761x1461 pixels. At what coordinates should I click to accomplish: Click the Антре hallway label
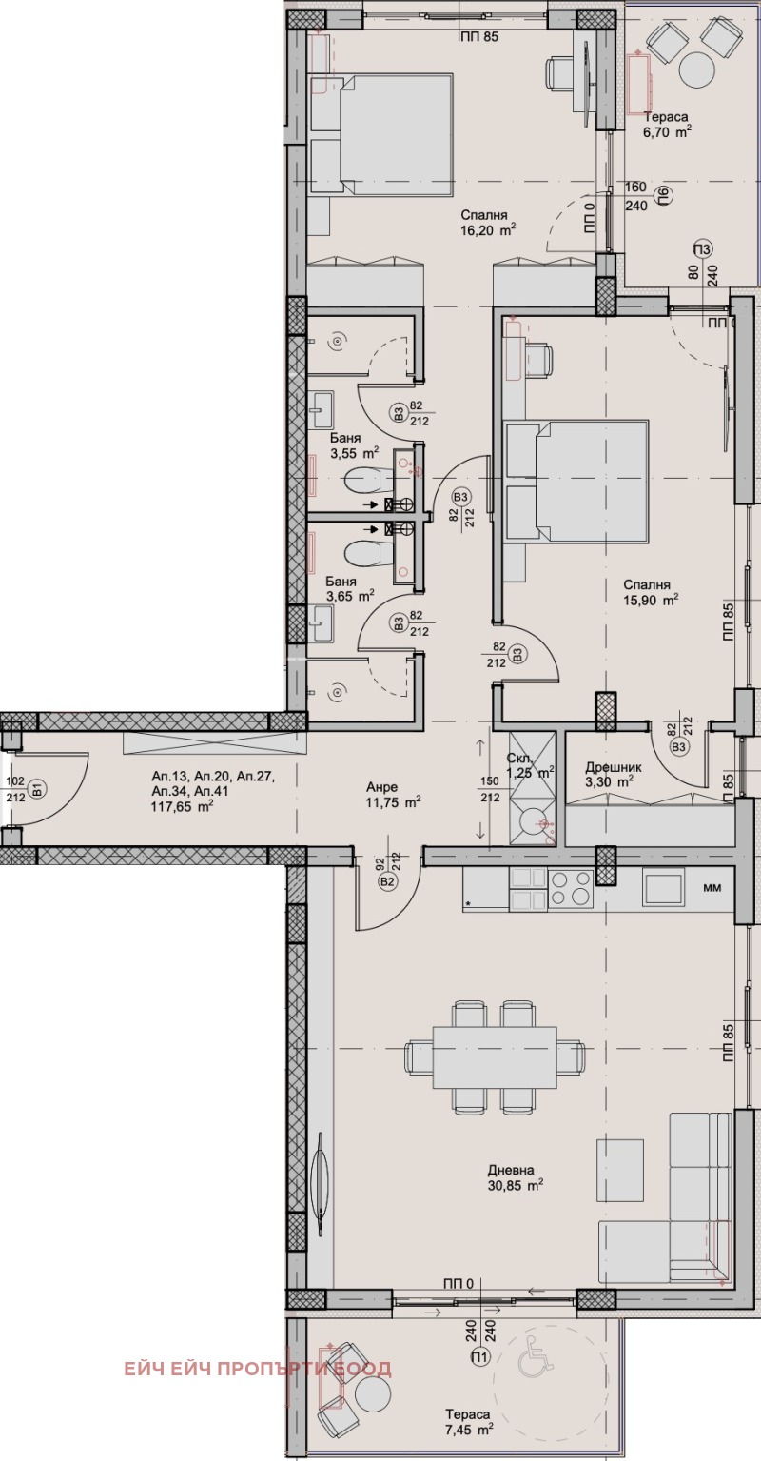382,787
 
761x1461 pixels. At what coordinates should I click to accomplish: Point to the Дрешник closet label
613,768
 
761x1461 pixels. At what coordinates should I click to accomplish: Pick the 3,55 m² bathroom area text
355,453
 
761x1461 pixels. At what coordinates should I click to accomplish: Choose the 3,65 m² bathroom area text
350,596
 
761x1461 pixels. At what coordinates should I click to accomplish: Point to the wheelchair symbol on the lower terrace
536,1358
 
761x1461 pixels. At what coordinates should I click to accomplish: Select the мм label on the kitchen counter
712,887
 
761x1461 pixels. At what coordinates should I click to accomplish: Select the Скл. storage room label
519,759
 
